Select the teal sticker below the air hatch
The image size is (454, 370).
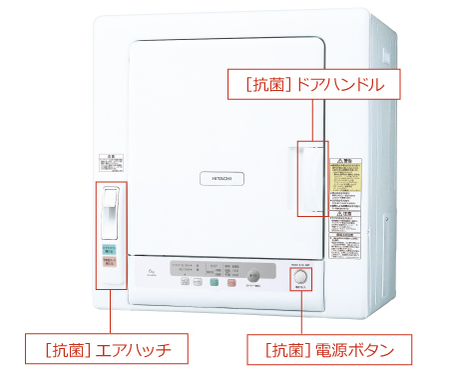(x=111, y=249)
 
